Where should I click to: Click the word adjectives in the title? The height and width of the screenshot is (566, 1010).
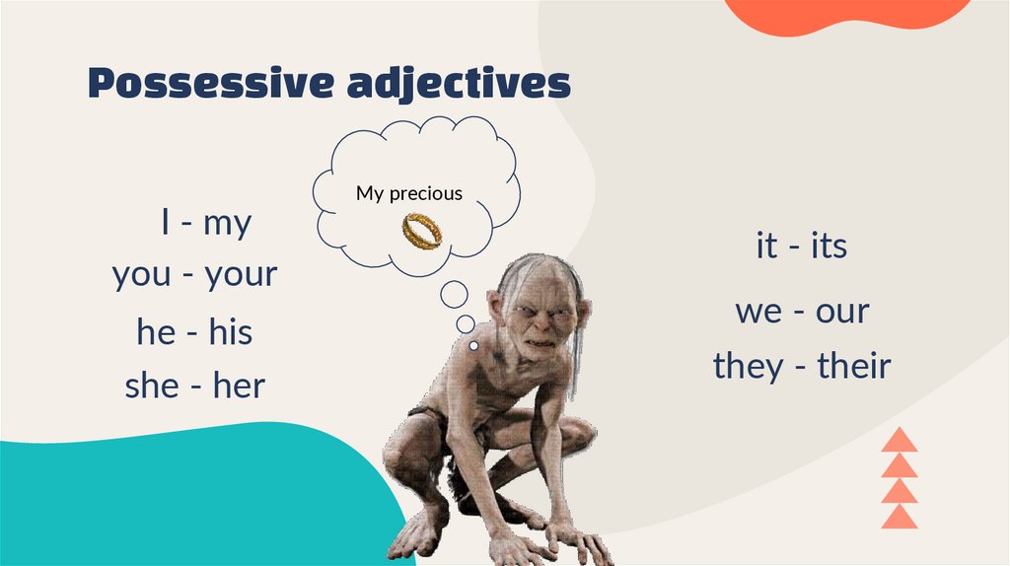point(459,85)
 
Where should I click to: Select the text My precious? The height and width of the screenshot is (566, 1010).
point(408,193)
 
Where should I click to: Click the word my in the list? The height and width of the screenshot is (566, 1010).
point(227,223)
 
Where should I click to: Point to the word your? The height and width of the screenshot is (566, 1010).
point(241,274)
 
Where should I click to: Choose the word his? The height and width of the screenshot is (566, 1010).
point(230,332)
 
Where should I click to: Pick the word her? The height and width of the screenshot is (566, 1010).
point(239,386)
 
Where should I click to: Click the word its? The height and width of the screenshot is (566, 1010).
point(829,246)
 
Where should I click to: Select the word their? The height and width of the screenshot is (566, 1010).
point(854,366)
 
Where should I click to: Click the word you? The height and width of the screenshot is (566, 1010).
point(141,274)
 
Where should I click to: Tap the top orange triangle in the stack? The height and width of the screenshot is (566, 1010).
point(899,440)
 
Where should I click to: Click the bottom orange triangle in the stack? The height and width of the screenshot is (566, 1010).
point(899,517)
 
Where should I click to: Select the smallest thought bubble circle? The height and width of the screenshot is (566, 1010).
point(474,346)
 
